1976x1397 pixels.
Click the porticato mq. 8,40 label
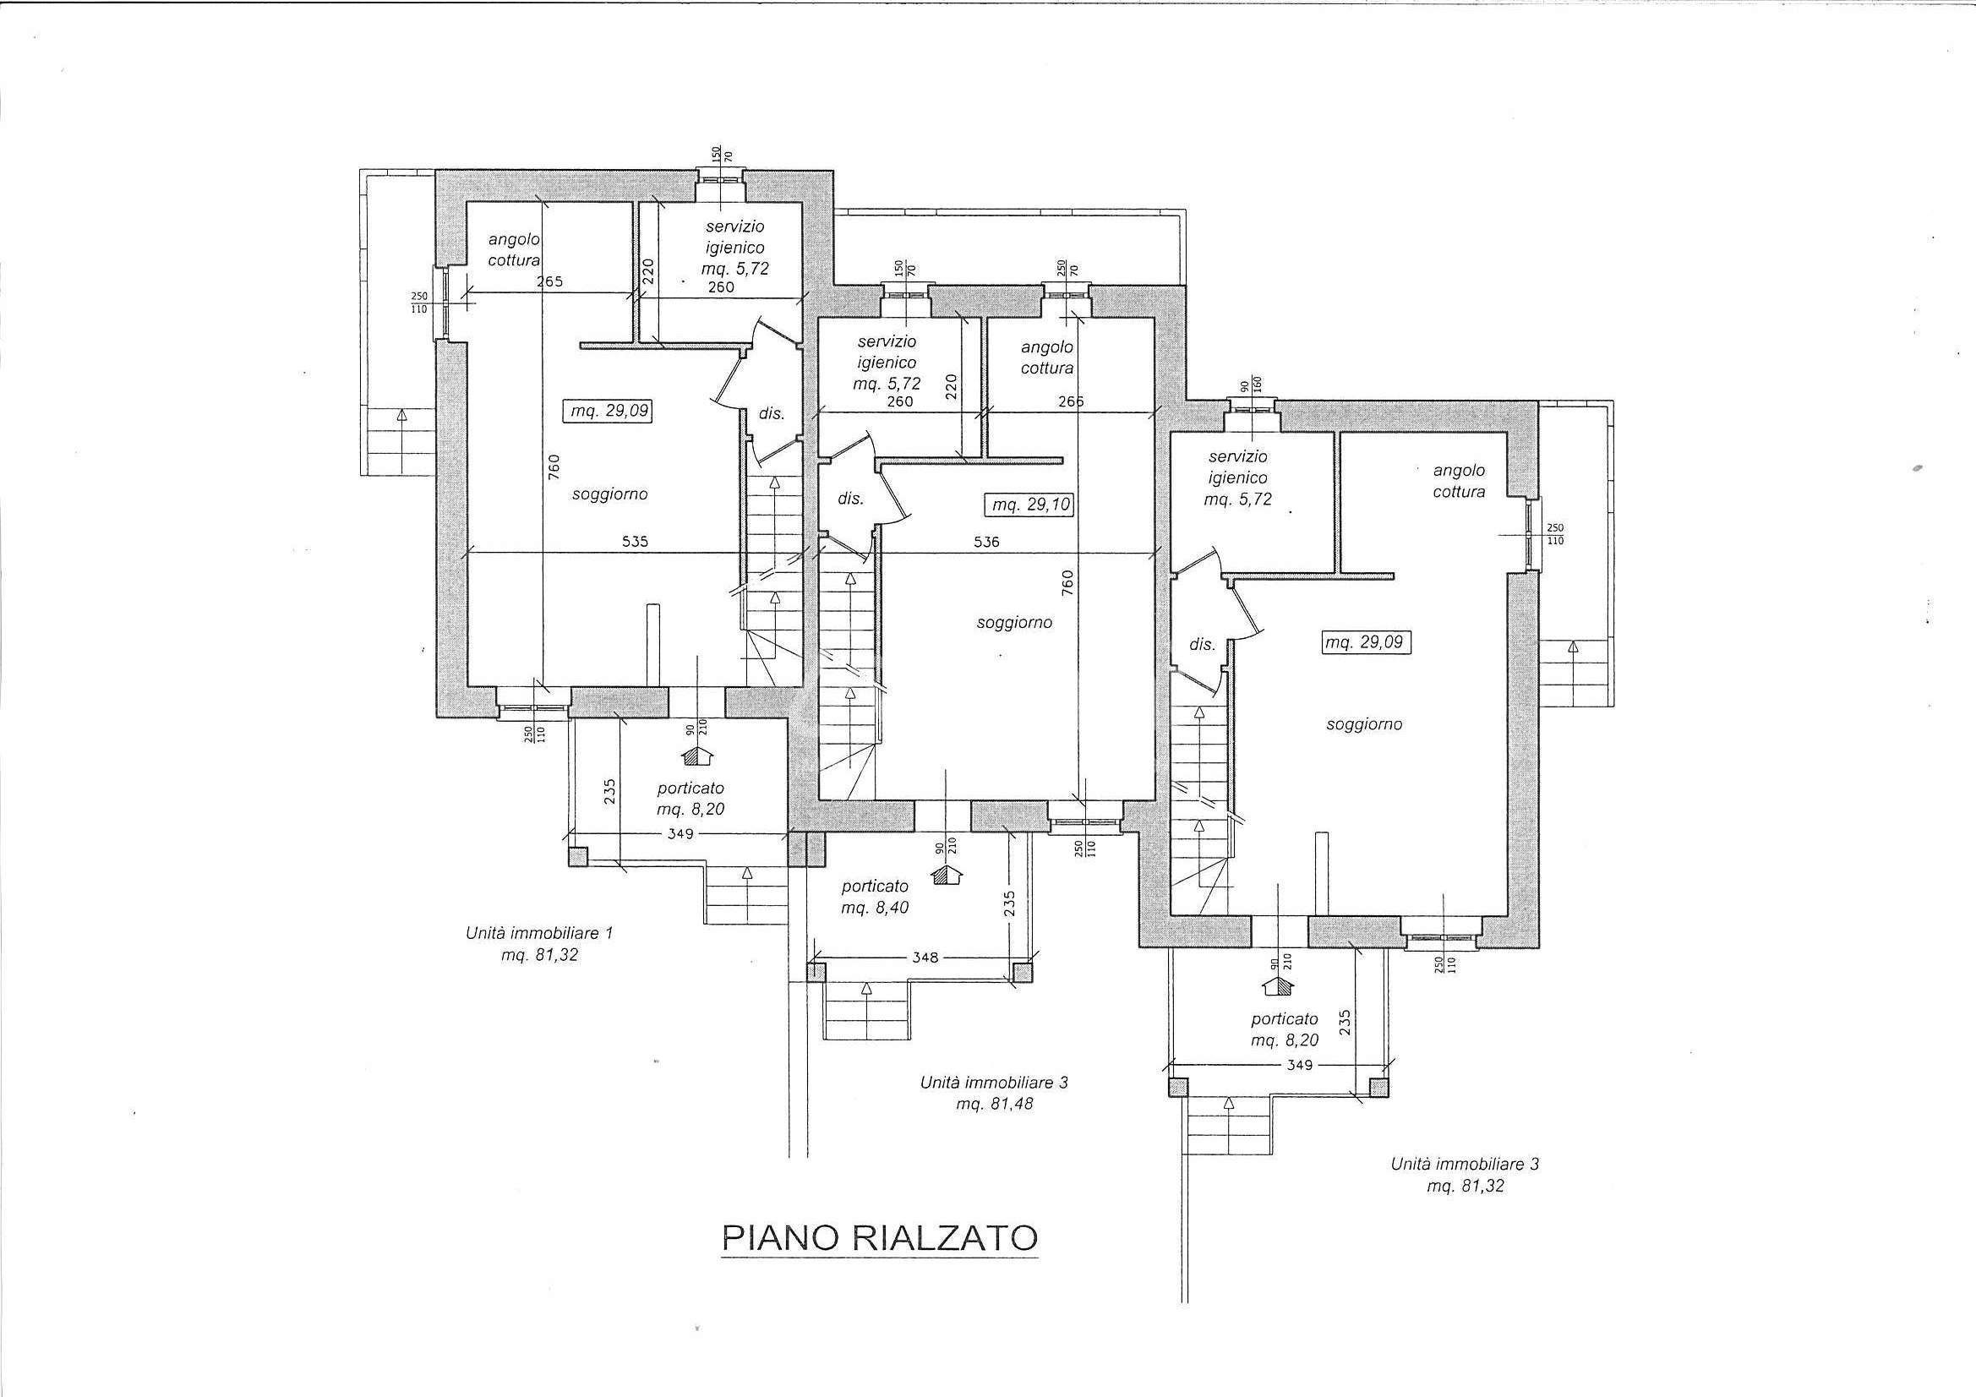(875, 896)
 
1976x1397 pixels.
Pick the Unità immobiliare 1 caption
(538, 932)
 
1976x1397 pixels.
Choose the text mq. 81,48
(994, 1104)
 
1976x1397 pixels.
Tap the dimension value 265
(549, 281)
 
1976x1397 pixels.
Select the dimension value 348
(925, 958)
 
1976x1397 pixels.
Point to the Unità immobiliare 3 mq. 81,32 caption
(1465, 1175)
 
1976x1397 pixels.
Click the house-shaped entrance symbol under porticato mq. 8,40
(947, 875)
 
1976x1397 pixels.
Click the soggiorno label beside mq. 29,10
(1014, 621)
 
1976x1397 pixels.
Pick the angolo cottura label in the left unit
(514, 249)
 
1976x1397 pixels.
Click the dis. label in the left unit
(771, 413)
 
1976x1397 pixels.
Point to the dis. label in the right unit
(1203, 644)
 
